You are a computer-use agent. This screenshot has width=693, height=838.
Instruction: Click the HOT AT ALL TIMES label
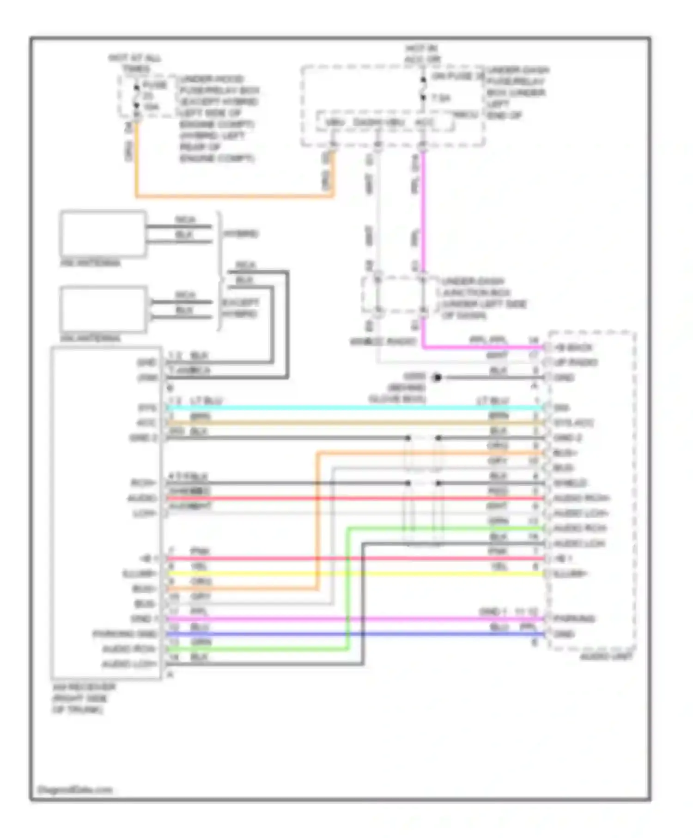(x=135, y=63)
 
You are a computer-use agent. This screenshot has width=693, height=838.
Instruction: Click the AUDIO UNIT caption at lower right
(x=606, y=656)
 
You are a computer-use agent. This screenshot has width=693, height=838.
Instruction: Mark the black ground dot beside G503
(x=437, y=377)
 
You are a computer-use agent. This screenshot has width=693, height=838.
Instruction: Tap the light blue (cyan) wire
(x=351, y=408)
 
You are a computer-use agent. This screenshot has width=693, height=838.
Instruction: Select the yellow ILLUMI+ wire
(x=351, y=574)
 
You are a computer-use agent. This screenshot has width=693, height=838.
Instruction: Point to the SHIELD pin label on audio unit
(x=570, y=483)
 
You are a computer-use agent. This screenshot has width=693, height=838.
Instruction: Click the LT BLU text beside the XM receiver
(x=206, y=401)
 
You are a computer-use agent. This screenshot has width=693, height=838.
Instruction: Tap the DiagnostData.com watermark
(x=74, y=790)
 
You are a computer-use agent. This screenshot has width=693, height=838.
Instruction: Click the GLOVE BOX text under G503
(x=397, y=399)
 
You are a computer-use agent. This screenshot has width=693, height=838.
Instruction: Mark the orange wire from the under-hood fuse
(x=231, y=196)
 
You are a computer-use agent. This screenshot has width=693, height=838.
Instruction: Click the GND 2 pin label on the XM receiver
(x=143, y=437)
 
